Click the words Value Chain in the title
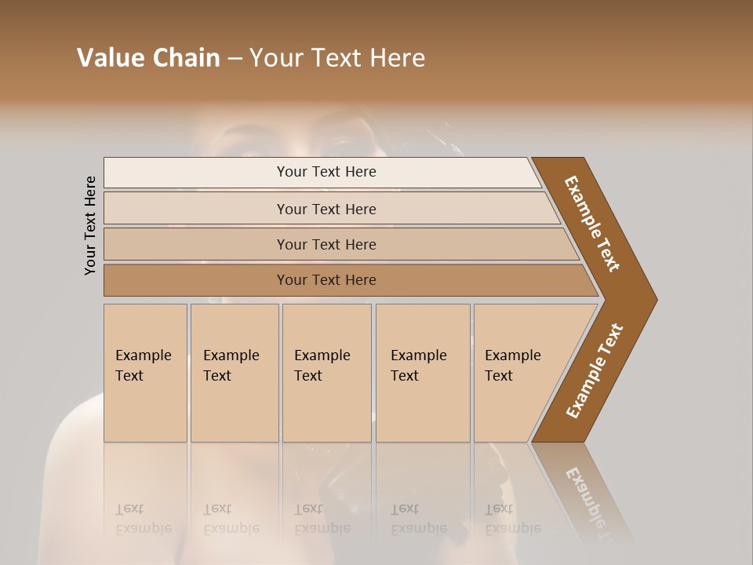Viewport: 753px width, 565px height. pyautogui.click(x=148, y=58)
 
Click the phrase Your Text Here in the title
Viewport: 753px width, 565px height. pyautogui.click(x=337, y=58)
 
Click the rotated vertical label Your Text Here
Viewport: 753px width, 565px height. pyautogui.click(x=90, y=225)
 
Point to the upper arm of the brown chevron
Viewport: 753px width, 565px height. pyautogui.click(x=592, y=224)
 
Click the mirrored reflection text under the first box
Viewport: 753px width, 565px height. pyautogui.click(x=144, y=519)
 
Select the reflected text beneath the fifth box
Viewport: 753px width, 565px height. pyautogui.click(x=513, y=519)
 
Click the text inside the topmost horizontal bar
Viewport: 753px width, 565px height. pyautogui.click(x=326, y=172)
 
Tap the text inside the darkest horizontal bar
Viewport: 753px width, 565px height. pyautogui.click(x=326, y=280)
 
